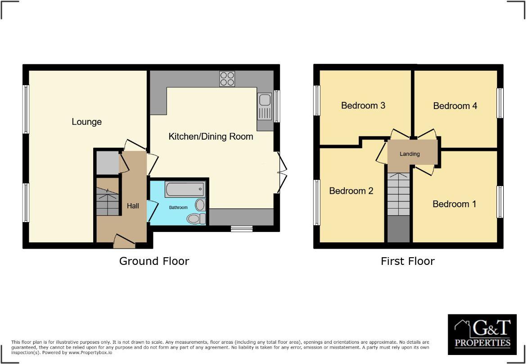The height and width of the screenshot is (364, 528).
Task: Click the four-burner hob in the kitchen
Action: pyautogui.click(x=227, y=79)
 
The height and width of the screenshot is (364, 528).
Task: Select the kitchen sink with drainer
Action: pyautogui.click(x=265, y=106)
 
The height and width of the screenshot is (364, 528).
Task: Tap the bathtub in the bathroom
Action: pyautogui.click(x=185, y=189)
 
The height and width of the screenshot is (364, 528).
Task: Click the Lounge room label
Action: pyautogui.click(x=86, y=122)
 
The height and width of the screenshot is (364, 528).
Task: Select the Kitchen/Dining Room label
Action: pyautogui.click(x=211, y=136)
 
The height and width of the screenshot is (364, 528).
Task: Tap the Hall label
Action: pyautogui.click(x=133, y=206)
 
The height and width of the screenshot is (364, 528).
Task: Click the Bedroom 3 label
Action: pyautogui.click(x=363, y=105)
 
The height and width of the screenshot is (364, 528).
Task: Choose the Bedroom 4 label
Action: pyautogui.click(x=455, y=106)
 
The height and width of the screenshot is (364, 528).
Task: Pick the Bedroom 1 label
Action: pyautogui.click(x=454, y=204)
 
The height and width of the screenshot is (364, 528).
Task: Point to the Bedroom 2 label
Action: pyautogui.click(x=351, y=191)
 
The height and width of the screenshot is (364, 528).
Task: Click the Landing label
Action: pyautogui.click(x=410, y=154)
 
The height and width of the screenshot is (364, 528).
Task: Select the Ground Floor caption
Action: pyautogui.click(x=154, y=261)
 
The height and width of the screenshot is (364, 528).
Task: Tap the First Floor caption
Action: pyautogui.click(x=407, y=261)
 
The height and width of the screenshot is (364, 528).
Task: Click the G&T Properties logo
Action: pyautogui.click(x=482, y=334)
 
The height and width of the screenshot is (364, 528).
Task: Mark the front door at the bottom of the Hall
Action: pyautogui.click(x=125, y=241)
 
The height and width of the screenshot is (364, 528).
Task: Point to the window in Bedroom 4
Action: pyautogui.click(x=500, y=103)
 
